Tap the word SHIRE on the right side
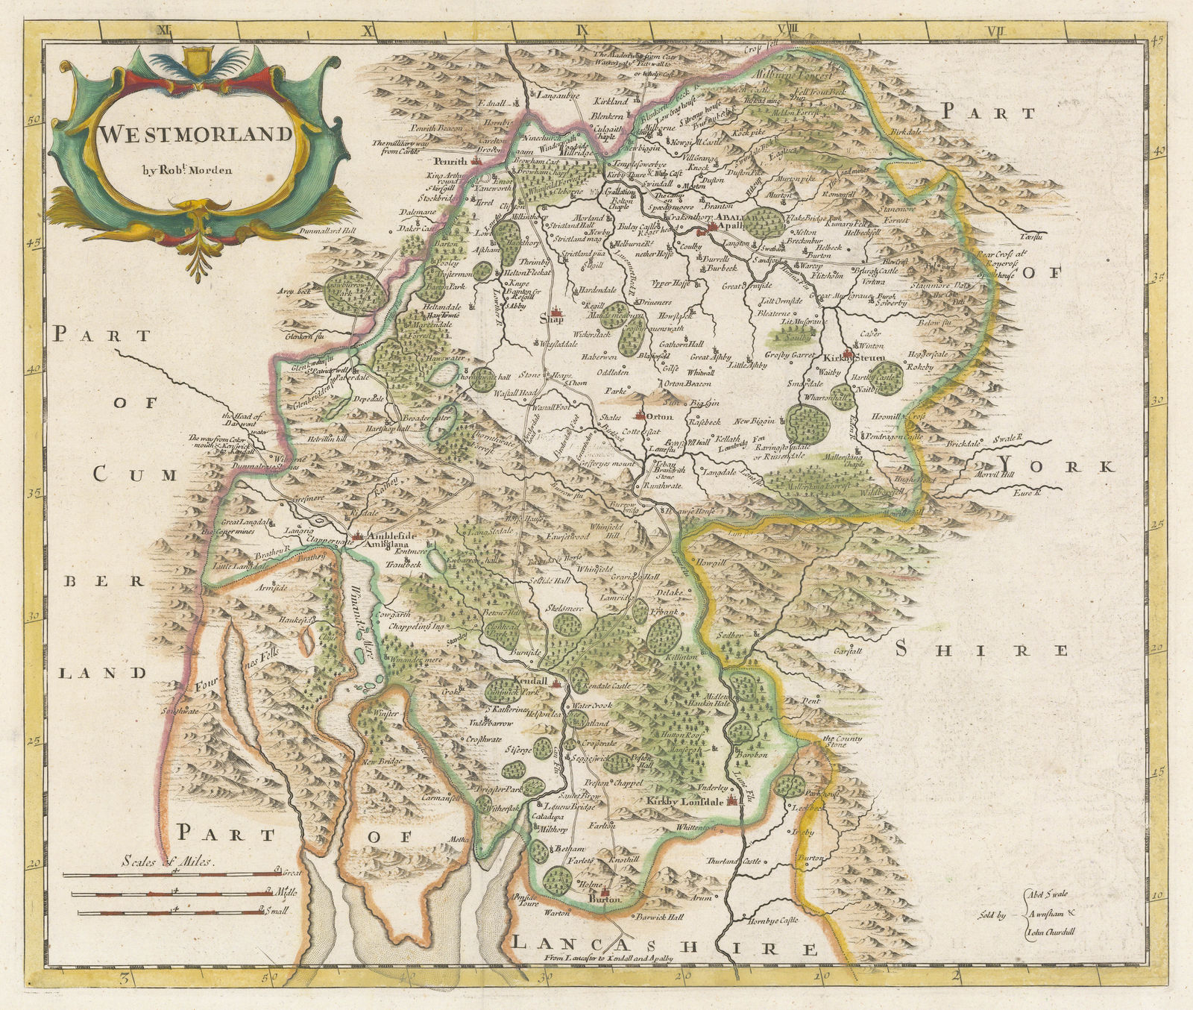point(981,650)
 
